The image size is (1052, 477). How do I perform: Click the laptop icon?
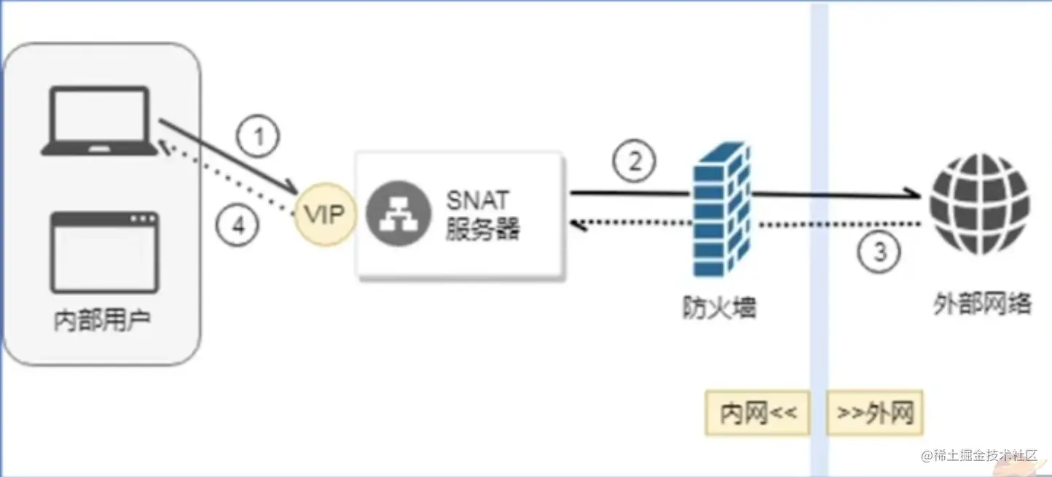tap(99, 120)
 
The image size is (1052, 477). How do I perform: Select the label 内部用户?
tap(103, 321)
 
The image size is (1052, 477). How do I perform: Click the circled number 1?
tap(258, 136)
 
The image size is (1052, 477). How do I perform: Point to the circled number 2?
tap(634, 161)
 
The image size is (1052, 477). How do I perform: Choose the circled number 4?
tap(238, 226)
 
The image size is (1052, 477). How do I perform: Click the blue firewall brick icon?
tap(720, 212)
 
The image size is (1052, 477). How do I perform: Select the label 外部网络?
tap(982, 303)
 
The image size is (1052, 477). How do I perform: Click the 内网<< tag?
tap(758, 414)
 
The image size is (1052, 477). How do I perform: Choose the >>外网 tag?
tap(874, 414)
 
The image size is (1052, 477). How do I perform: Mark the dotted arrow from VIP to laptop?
tap(226, 179)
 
